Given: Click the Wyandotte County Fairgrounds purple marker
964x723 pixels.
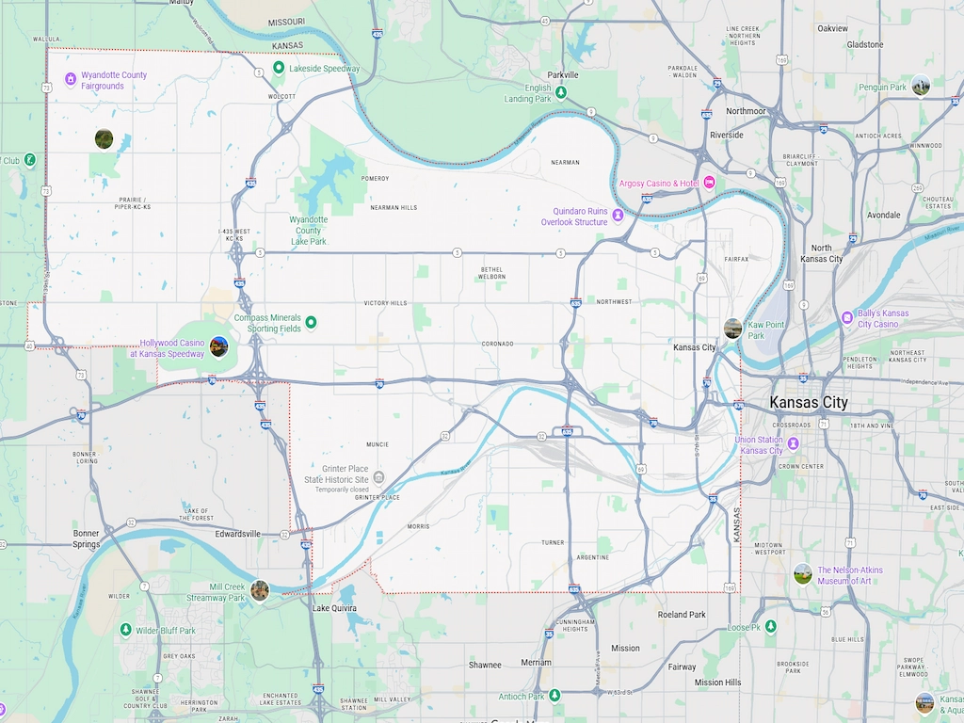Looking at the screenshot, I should [70, 79].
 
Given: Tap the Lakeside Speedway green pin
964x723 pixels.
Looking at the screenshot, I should [279, 68].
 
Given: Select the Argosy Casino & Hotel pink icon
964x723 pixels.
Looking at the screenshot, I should [709, 182].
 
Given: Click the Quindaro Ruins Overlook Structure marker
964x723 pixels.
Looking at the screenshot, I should [619, 216].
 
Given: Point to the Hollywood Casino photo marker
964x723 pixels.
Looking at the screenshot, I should [218, 346].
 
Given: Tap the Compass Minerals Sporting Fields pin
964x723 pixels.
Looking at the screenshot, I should [311, 323].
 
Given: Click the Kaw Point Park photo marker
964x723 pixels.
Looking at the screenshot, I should [732, 328].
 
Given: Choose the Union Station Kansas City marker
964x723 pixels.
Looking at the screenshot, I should [794, 443].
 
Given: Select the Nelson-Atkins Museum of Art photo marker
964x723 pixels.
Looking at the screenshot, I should [802, 573].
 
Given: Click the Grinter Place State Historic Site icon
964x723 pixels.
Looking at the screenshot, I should [378, 478].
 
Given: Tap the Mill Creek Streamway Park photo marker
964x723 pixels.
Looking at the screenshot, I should [260, 590].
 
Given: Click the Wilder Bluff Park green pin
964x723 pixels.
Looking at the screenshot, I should [125, 630].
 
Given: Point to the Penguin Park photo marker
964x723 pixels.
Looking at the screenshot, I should [920, 86].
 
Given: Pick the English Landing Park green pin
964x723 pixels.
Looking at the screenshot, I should [561, 92].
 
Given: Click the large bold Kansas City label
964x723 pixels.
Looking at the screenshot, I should [808, 403].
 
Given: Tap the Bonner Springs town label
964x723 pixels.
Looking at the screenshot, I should [87, 539].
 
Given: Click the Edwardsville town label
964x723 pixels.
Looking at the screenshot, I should [237, 534].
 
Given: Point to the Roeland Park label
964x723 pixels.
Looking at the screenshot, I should [682, 615].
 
